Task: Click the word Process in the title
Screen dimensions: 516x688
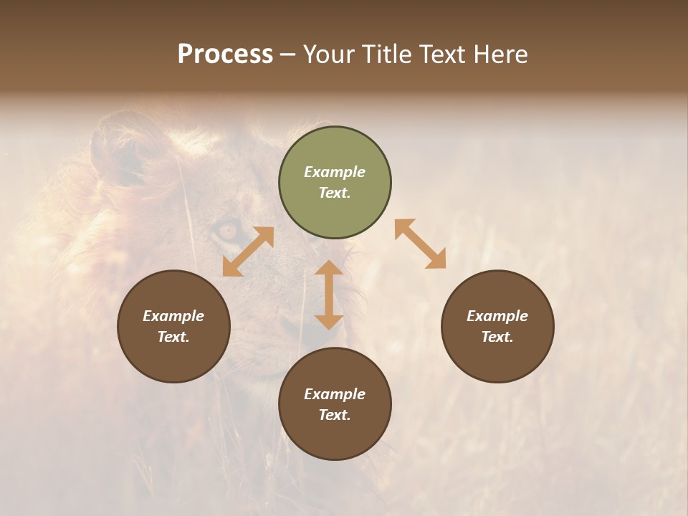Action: click(x=225, y=54)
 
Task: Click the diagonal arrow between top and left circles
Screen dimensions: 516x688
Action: click(x=248, y=252)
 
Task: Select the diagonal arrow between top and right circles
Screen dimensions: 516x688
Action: click(x=421, y=244)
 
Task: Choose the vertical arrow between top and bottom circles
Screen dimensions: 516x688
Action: click(x=329, y=295)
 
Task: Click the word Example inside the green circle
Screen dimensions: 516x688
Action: click(x=335, y=172)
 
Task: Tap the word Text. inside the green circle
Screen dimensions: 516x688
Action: click(x=335, y=193)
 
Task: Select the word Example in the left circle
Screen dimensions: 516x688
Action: click(x=173, y=316)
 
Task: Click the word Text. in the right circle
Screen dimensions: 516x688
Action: click(x=497, y=337)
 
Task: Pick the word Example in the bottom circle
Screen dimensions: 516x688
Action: click(x=335, y=394)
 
